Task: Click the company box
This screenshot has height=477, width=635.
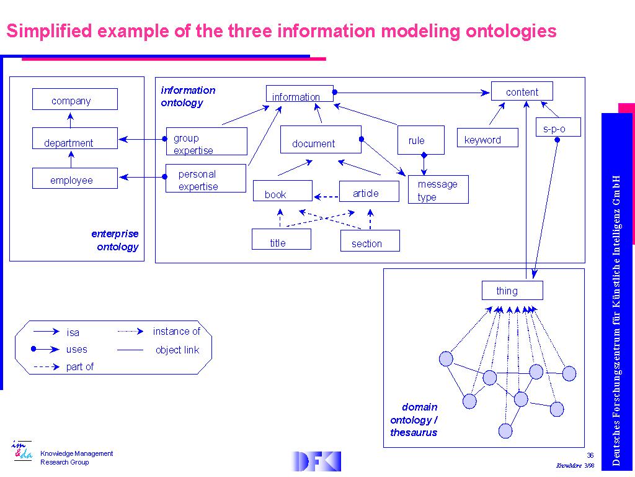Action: tap(74, 99)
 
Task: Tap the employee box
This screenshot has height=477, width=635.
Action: tap(74, 178)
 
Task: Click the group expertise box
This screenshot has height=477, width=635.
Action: tap(206, 142)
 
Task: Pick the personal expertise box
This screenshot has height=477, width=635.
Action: tap(206, 178)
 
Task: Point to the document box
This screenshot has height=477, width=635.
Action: tap(320, 140)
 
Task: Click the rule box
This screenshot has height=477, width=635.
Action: tap(421, 140)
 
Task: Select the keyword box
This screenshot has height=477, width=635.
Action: tap(487, 138)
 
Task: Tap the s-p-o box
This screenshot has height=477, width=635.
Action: tap(557, 127)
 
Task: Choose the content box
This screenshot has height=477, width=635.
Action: tap(522, 91)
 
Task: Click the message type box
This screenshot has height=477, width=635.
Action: tap(438, 189)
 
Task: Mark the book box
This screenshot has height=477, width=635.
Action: tap(282, 191)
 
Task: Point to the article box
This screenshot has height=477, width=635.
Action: tap(368, 191)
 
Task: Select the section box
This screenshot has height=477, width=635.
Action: tap(370, 241)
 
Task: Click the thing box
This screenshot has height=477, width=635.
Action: tap(512, 291)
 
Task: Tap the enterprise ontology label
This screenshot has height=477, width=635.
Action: tap(115, 240)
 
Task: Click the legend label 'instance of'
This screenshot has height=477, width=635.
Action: tap(177, 332)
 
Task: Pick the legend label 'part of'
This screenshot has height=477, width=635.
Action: tap(80, 367)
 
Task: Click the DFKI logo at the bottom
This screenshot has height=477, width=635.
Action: tap(316, 461)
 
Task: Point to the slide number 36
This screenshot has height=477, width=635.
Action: tap(590, 456)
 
